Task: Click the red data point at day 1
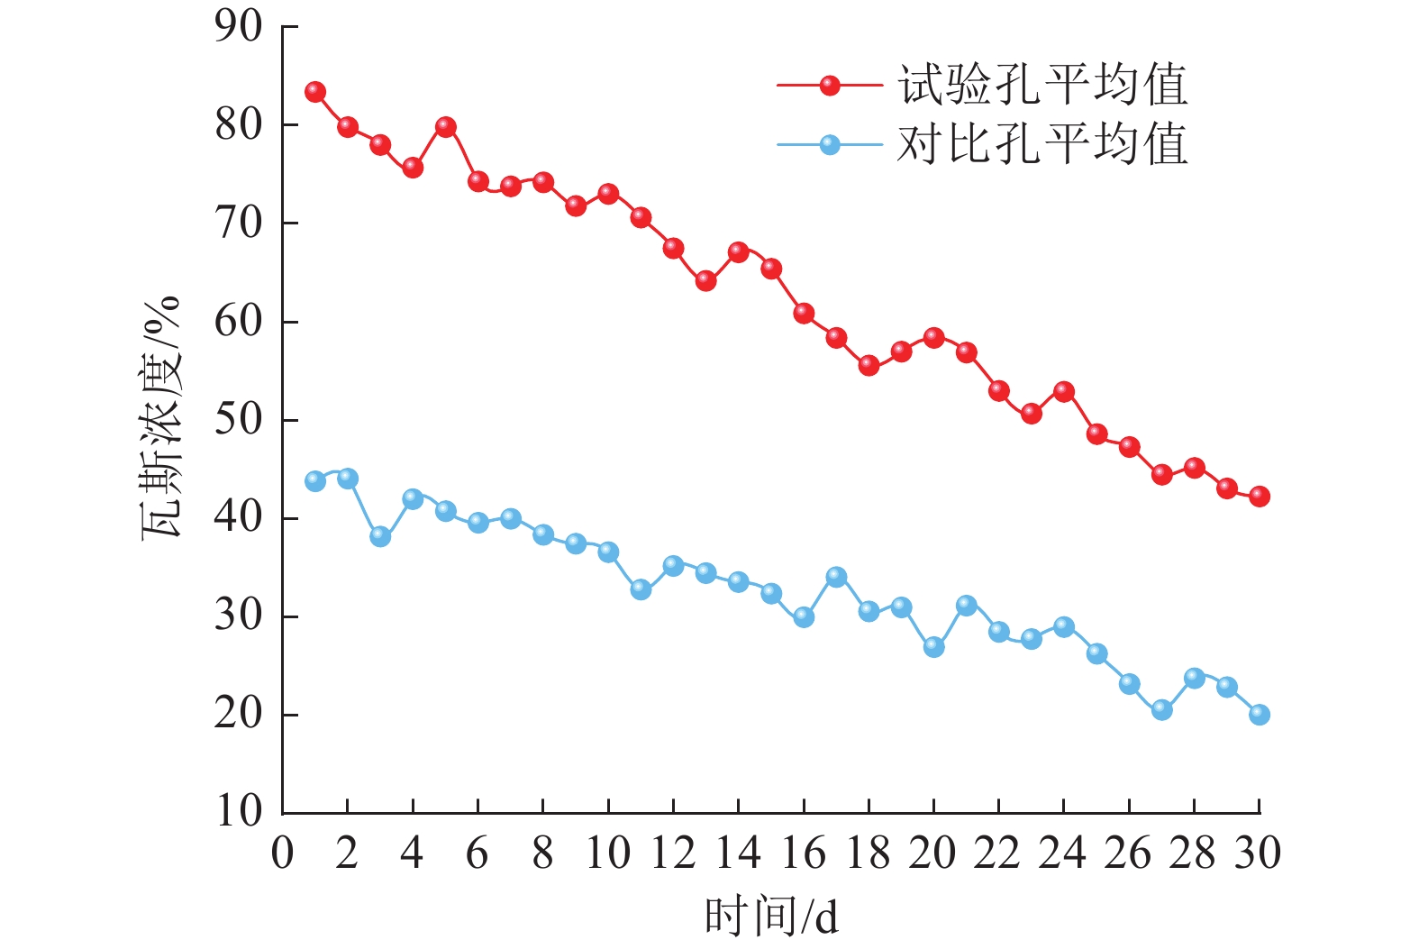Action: click(315, 92)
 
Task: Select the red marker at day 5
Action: click(445, 127)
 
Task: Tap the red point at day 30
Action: click(1259, 497)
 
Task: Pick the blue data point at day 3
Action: click(380, 536)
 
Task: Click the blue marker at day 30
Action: click(1259, 715)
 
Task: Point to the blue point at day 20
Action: click(933, 647)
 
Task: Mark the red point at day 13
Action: click(705, 281)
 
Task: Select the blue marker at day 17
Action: click(836, 577)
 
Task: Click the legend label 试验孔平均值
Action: click(1042, 86)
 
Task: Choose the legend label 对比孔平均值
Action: click(1042, 144)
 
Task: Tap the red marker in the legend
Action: click(830, 86)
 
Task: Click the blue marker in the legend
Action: click(830, 144)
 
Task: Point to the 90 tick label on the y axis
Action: click(239, 27)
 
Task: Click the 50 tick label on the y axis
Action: click(239, 420)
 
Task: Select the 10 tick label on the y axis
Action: click(239, 812)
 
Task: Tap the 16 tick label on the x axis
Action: click(803, 853)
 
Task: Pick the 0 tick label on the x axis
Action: click(283, 853)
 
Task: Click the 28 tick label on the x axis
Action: click(1193, 853)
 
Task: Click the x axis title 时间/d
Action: click(771, 917)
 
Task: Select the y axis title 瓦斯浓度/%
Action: click(162, 416)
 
